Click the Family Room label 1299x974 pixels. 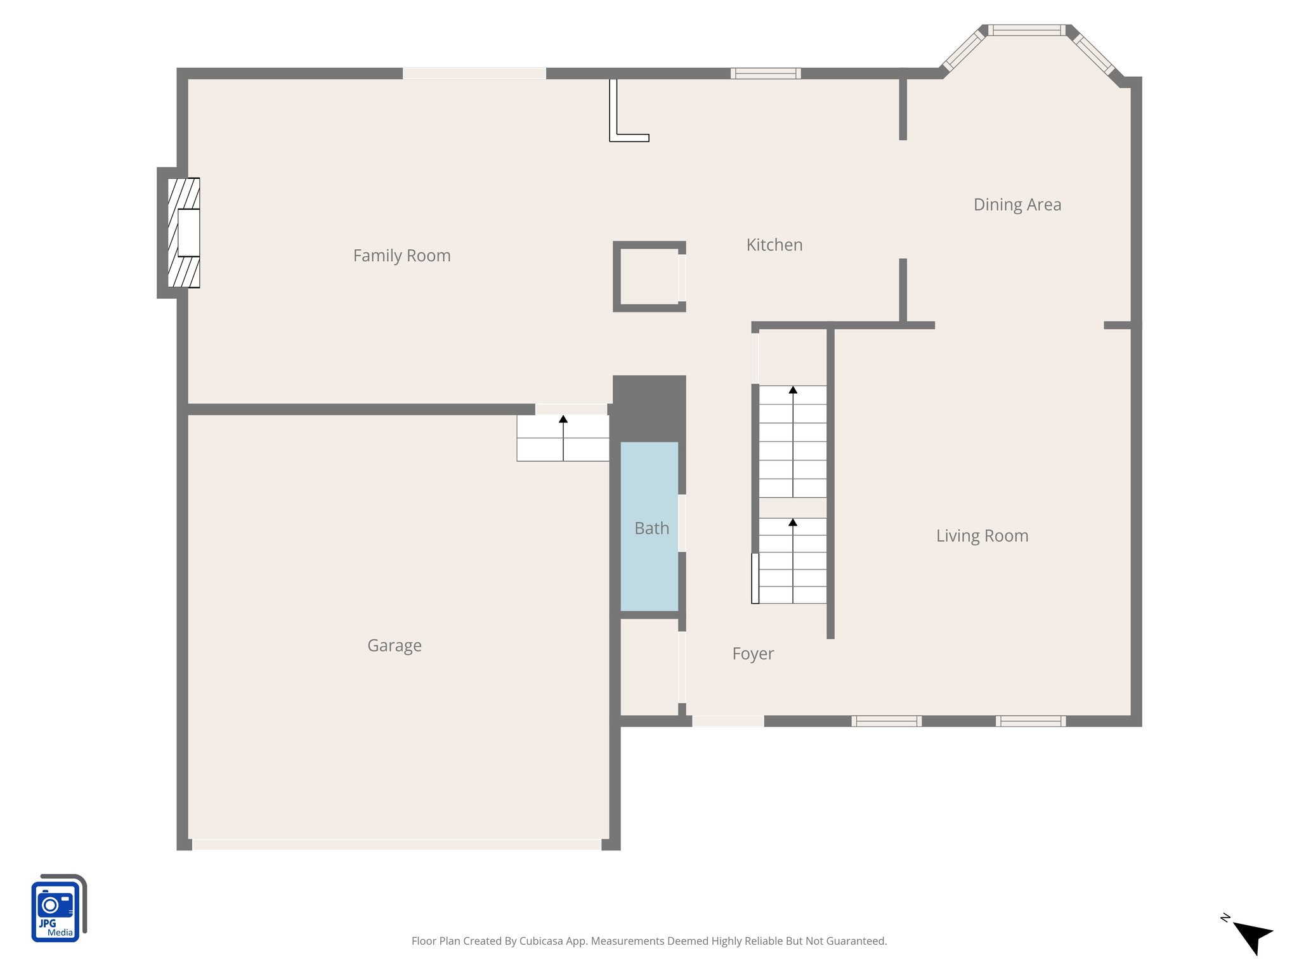pyautogui.click(x=401, y=256)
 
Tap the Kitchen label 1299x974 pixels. pyautogui.click(x=774, y=245)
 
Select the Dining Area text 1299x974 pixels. pyautogui.click(x=1017, y=205)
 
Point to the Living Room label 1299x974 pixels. pyautogui.click(x=982, y=536)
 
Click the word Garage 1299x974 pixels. pyautogui.click(x=394, y=646)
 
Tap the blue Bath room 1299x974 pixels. pyautogui.click(x=649, y=558)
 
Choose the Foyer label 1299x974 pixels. pyautogui.click(x=753, y=654)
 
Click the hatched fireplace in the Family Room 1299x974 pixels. pyautogui.click(x=183, y=233)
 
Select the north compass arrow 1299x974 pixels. pyautogui.click(x=1252, y=935)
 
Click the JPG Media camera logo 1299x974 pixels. pyautogui.click(x=58, y=909)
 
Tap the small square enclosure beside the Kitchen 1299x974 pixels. pyautogui.click(x=649, y=276)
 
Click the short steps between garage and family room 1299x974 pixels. pyautogui.click(x=563, y=438)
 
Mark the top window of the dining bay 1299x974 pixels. pyautogui.click(x=1026, y=30)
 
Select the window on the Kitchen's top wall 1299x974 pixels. pyautogui.click(x=765, y=74)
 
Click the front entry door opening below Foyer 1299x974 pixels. pyautogui.click(x=728, y=721)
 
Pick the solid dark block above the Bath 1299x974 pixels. pyautogui.click(x=649, y=408)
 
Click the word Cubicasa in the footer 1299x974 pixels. pyautogui.click(x=540, y=941)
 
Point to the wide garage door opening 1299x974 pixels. pyautogui.click(x=396, y=845)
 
